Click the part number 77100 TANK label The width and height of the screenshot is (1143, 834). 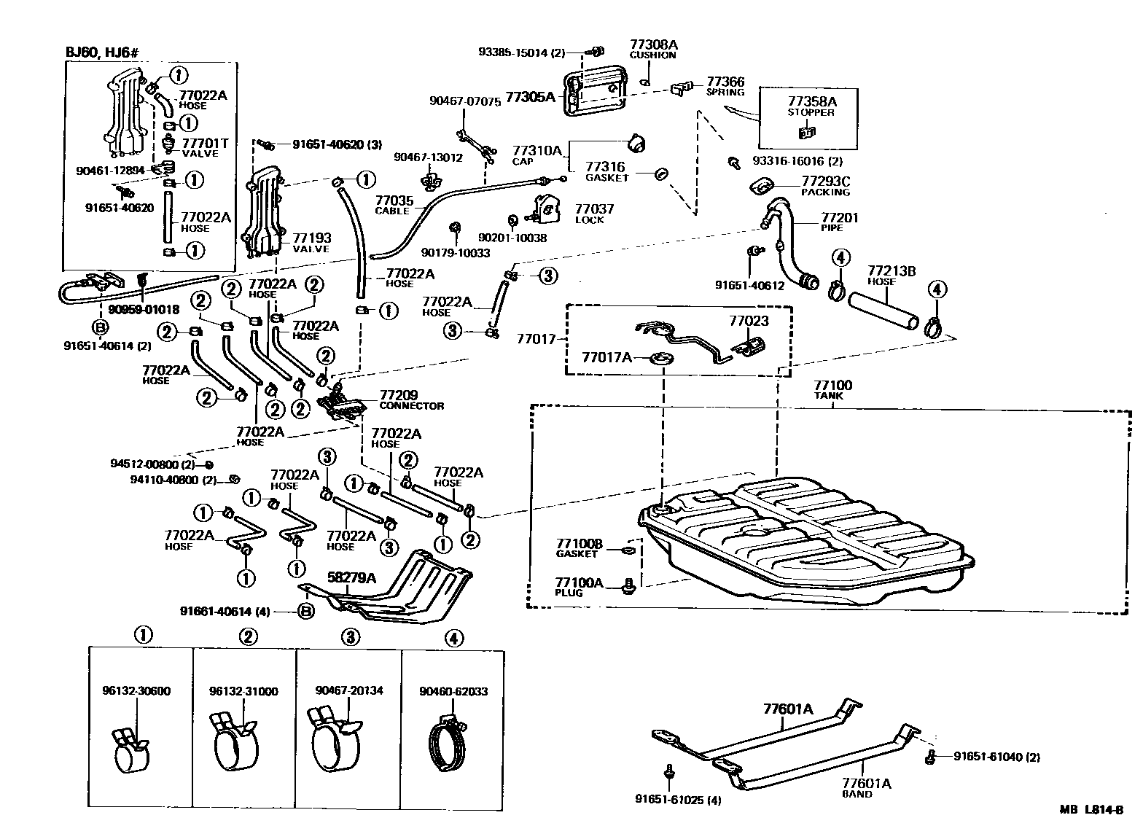click(x=832, y=390)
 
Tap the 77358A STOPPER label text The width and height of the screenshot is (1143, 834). click(x=811, y=106)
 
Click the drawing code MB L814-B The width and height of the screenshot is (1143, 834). click(x=1093, y=810)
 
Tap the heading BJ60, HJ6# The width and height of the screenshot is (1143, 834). click(x=102, y=52)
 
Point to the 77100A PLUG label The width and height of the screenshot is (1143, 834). click(x=579, y=587)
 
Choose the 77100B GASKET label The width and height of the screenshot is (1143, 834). click(x=579, y=548)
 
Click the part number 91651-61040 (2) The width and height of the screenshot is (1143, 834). click(x=996, y=757)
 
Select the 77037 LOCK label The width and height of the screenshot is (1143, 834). click(x=593, y=214)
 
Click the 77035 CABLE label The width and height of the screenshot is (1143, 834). click(x=394, y=205)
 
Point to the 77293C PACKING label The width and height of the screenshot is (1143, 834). click(x=825, y=186)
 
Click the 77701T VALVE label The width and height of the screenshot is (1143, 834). click(x=204, y=148)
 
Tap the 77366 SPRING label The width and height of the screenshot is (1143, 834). click(x=725, y=87)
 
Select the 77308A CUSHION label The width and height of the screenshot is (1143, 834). click(x=652, y=50)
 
